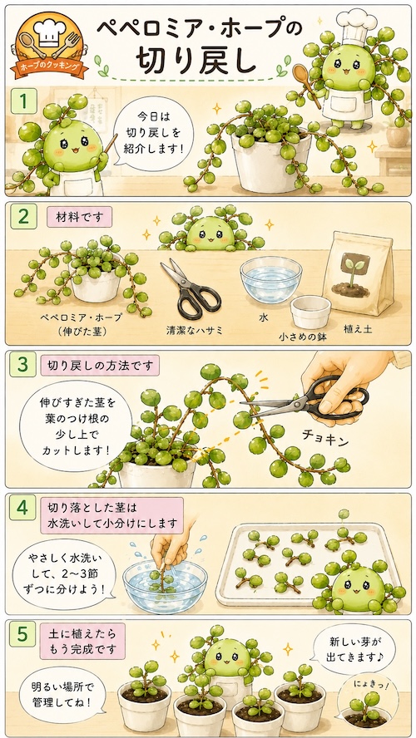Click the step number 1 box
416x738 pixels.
23,101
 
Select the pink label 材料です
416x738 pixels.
79,218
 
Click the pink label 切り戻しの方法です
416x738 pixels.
100,365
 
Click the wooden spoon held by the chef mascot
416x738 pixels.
305,82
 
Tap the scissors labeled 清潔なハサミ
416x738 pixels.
190,288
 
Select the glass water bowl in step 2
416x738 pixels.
270,279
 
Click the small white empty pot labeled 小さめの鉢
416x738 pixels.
310,312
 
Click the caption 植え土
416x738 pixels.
359,329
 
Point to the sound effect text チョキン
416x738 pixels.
325,441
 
